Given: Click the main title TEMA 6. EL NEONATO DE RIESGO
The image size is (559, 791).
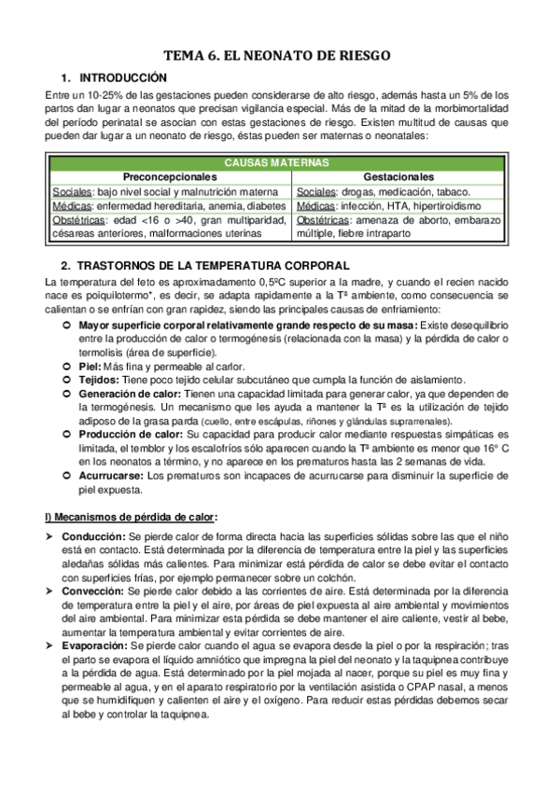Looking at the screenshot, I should (278, 56).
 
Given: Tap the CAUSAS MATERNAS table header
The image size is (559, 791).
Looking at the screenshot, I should (277, 162).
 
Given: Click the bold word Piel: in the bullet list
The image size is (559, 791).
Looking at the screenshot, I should (90, 367).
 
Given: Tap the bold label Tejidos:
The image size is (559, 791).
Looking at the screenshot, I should (99, 381).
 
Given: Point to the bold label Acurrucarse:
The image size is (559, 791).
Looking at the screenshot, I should (111, 475).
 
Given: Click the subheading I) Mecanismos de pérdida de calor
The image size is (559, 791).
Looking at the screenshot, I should (131, 516).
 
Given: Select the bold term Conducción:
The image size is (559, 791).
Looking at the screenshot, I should (93, 537).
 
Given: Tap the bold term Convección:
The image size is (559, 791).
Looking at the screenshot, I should (93, 591).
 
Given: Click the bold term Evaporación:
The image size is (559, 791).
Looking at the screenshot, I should (96, 645).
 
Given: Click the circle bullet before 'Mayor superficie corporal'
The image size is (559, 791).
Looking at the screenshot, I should (66, 325).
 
